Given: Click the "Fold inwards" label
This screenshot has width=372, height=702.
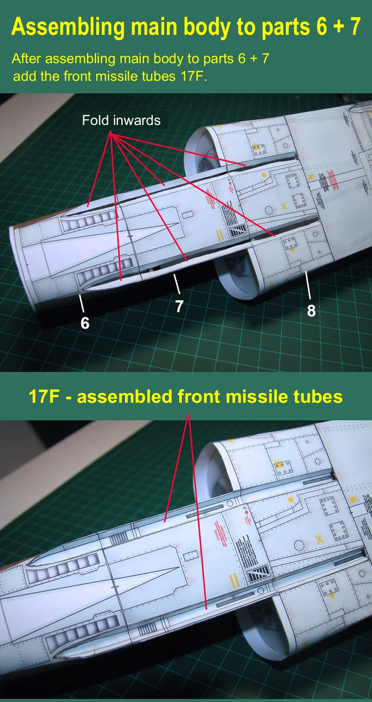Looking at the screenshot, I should (121, 120).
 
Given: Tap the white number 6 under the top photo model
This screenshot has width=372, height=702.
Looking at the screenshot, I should (85, 322).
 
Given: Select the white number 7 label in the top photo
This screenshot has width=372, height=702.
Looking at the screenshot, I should (179, 306).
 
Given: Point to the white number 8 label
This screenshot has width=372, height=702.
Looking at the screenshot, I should (311, 310).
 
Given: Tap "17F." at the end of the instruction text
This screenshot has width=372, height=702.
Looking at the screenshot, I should (193, 76).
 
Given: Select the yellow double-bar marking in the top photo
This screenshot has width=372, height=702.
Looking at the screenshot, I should (220, 235).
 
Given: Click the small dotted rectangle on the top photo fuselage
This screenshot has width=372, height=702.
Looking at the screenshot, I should (187, 215).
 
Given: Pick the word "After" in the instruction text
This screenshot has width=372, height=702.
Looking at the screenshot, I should (27, 59).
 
